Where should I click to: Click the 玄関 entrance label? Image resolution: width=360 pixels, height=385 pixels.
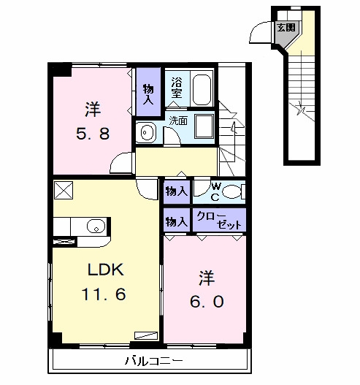pos(286,28)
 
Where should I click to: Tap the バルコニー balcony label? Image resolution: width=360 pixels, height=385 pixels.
pos(154,361)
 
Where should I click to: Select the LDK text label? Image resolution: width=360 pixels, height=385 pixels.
pos(106,270)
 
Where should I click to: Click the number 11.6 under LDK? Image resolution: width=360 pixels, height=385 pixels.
pos(104,294)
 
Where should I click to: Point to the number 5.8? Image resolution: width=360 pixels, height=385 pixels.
pos(93,134)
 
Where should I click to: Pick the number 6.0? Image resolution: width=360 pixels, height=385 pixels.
pos(207,301)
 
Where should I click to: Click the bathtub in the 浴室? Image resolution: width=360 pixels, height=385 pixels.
pos(202,89)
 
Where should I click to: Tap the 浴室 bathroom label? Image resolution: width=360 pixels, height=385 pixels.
pos(177,88)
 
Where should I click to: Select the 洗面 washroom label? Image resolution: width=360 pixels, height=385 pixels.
pos(178,121)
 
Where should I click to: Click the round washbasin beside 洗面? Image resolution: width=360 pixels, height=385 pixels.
pos(146,132)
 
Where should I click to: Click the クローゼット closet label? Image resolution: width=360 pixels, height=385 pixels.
pos(219,220)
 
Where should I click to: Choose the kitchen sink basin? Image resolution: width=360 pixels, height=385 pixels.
pos(96,226)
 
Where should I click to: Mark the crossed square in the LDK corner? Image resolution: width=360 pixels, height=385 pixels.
pos(64,190)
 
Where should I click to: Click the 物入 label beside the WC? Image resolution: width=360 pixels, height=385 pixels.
pos(177,191)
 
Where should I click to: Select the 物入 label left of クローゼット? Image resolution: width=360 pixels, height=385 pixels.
pos(177,221)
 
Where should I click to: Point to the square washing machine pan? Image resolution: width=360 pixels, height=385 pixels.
pos(204,126)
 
